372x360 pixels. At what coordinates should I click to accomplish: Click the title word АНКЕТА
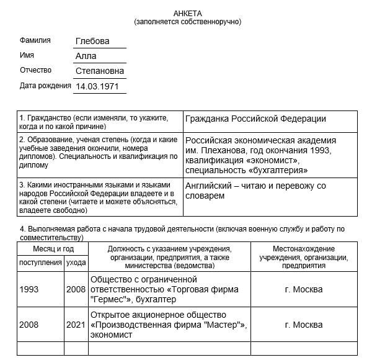(187, 14)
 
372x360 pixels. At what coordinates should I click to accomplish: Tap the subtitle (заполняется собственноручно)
(187, 22)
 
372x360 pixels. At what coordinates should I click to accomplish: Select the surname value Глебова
(92, 41)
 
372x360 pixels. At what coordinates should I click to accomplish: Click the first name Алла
(86, 56)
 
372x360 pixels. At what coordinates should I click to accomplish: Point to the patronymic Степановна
(100, 71)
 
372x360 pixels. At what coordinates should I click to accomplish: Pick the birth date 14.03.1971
(97, 86)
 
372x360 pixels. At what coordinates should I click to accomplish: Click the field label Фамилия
(35, 40)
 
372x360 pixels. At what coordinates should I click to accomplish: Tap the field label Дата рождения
(46, 86)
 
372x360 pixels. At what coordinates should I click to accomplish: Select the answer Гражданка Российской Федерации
(255, 119)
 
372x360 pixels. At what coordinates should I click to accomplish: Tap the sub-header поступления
(40, 263)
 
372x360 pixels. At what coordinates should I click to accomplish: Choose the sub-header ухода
(76, 263)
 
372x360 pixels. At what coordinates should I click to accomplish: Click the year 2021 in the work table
(76, 325)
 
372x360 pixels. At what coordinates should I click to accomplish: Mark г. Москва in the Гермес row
(303, 290)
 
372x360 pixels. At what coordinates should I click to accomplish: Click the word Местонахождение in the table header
(303, 249)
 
